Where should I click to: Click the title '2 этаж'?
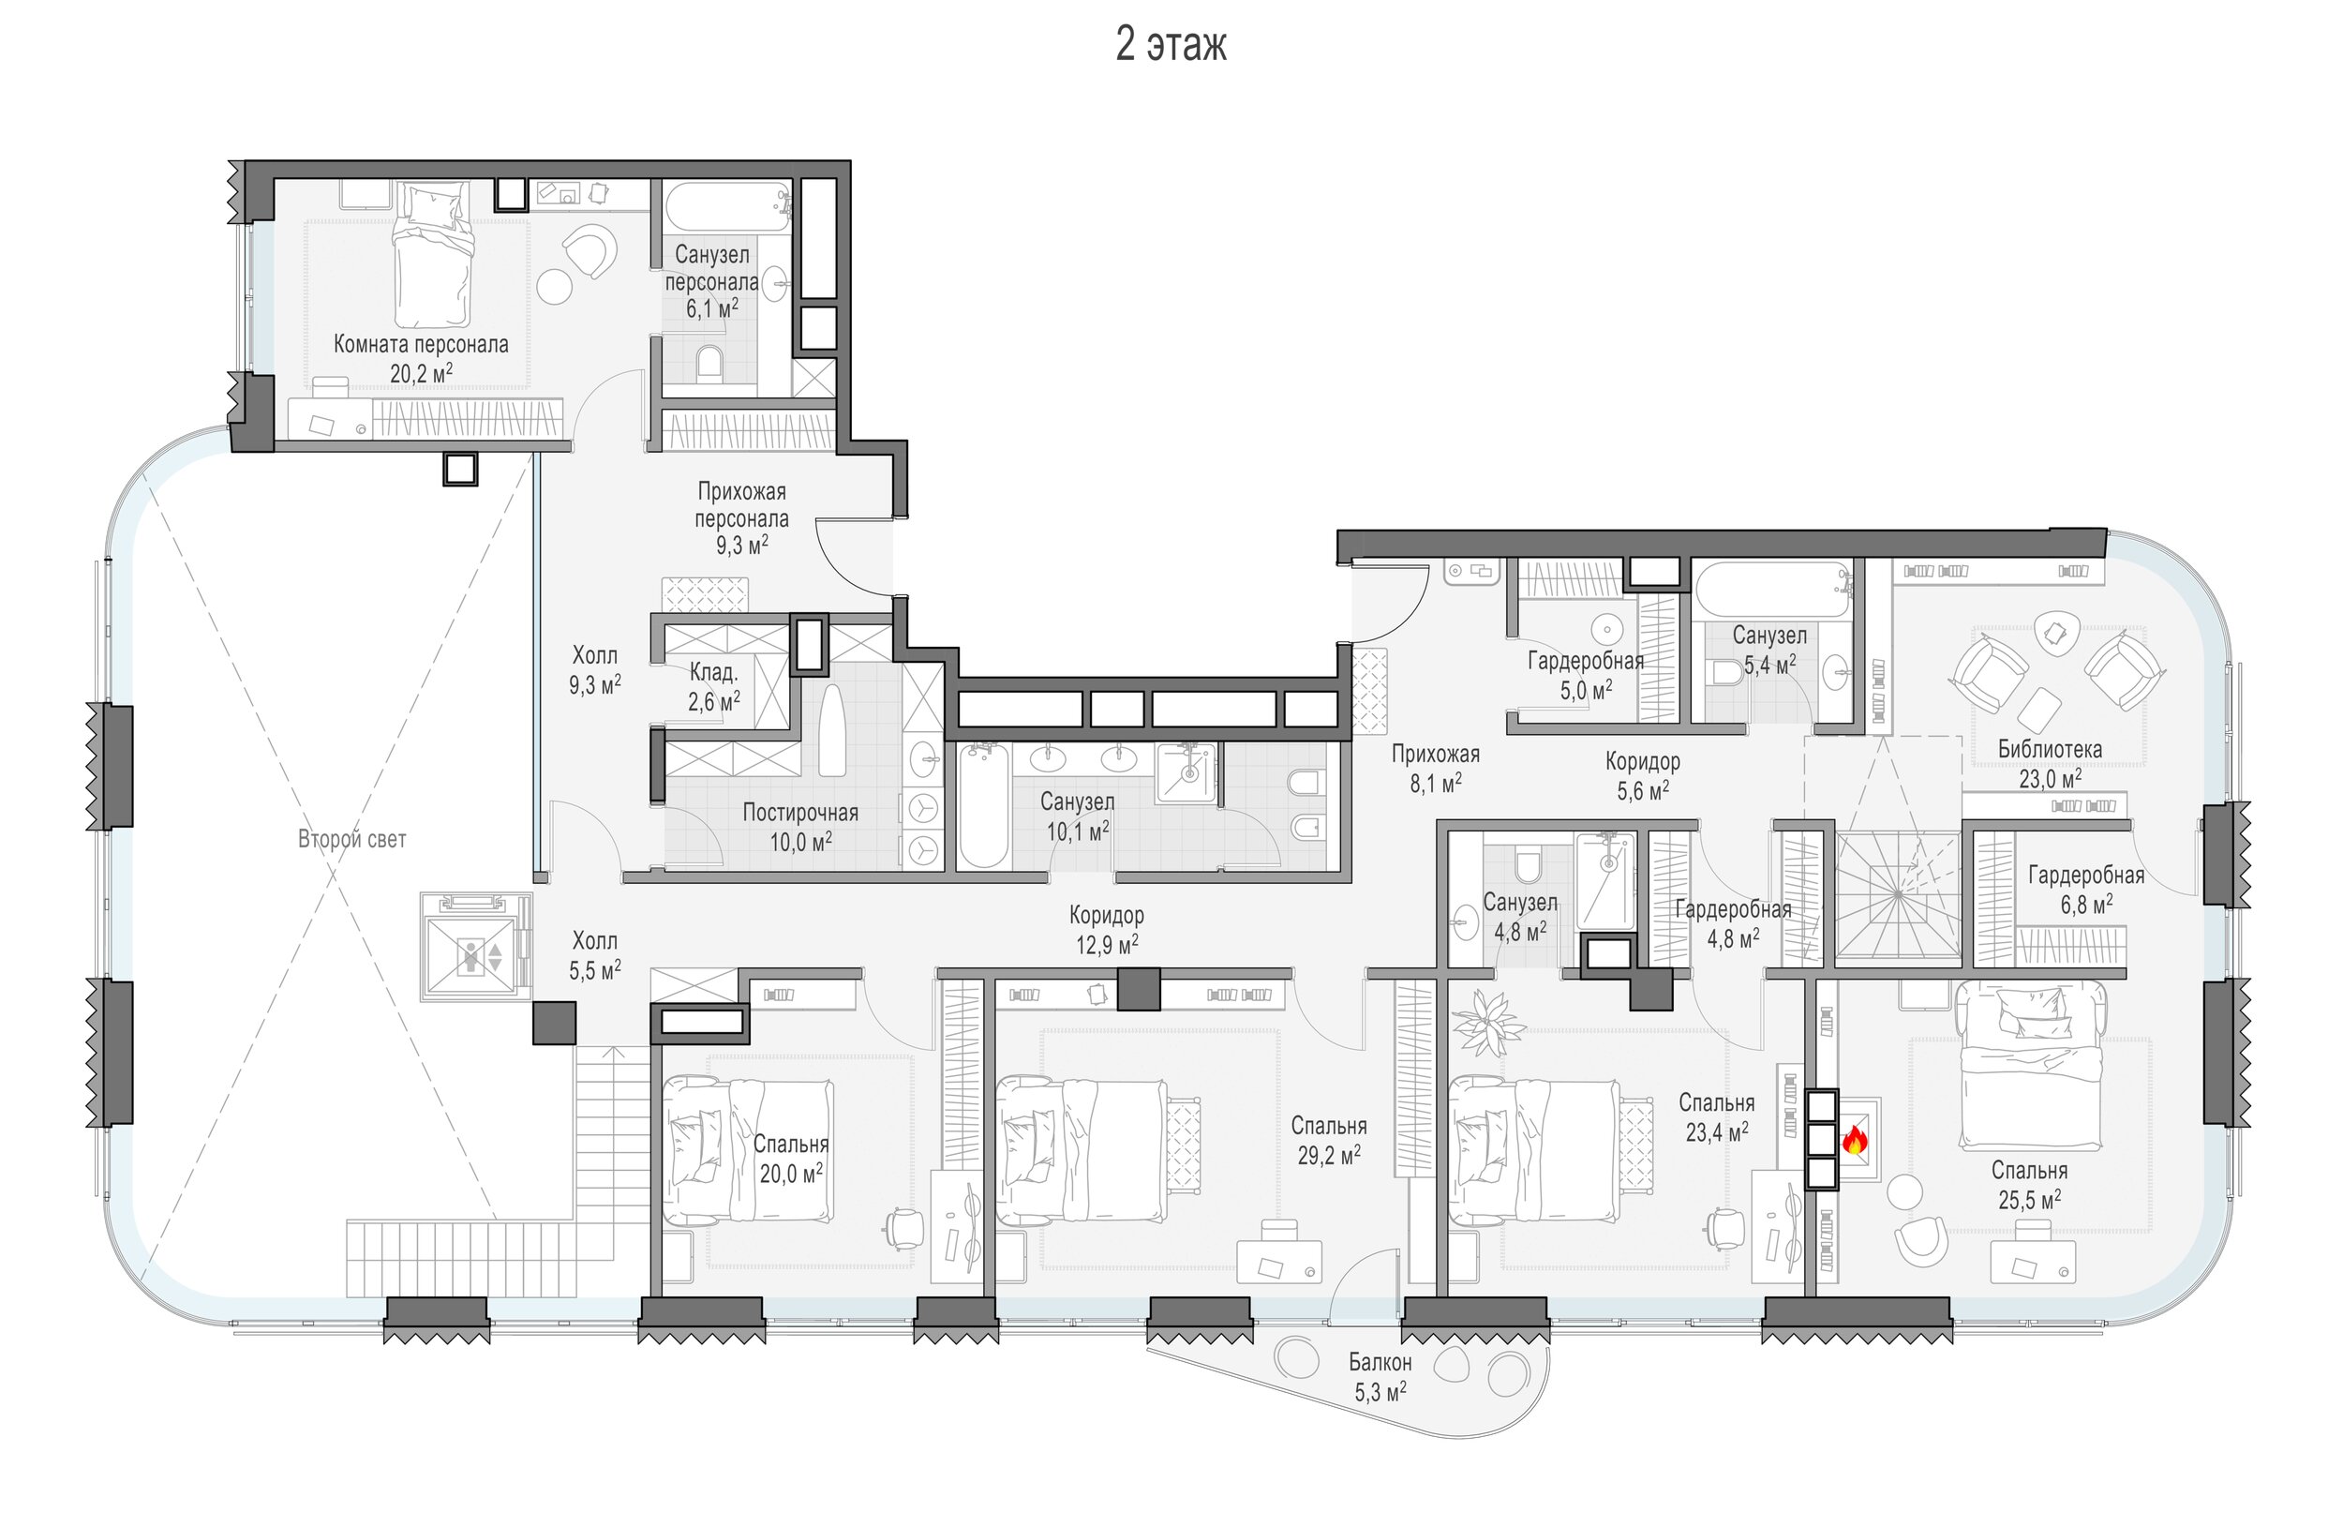pos(1171,45)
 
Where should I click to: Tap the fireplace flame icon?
pos(1855,1139)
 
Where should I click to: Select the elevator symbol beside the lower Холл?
pos(471,946)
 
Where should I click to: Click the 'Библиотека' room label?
pos(2050,749)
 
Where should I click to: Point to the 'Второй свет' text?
pos(351,839)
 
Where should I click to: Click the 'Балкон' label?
pos(1380,1363)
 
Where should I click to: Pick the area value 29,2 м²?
pos(1329,1154)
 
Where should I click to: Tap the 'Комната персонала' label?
pos(421,345)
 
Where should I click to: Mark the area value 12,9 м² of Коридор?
pos(1107,945)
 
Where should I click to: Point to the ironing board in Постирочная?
pos(833,729)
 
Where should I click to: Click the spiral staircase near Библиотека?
pos(1897,893)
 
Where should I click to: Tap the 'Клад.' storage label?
pos(713,672)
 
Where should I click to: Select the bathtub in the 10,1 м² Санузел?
pos(983,805)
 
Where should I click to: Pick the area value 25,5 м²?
pos(2029,1199)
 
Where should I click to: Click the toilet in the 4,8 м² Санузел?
pos(1528,864)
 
